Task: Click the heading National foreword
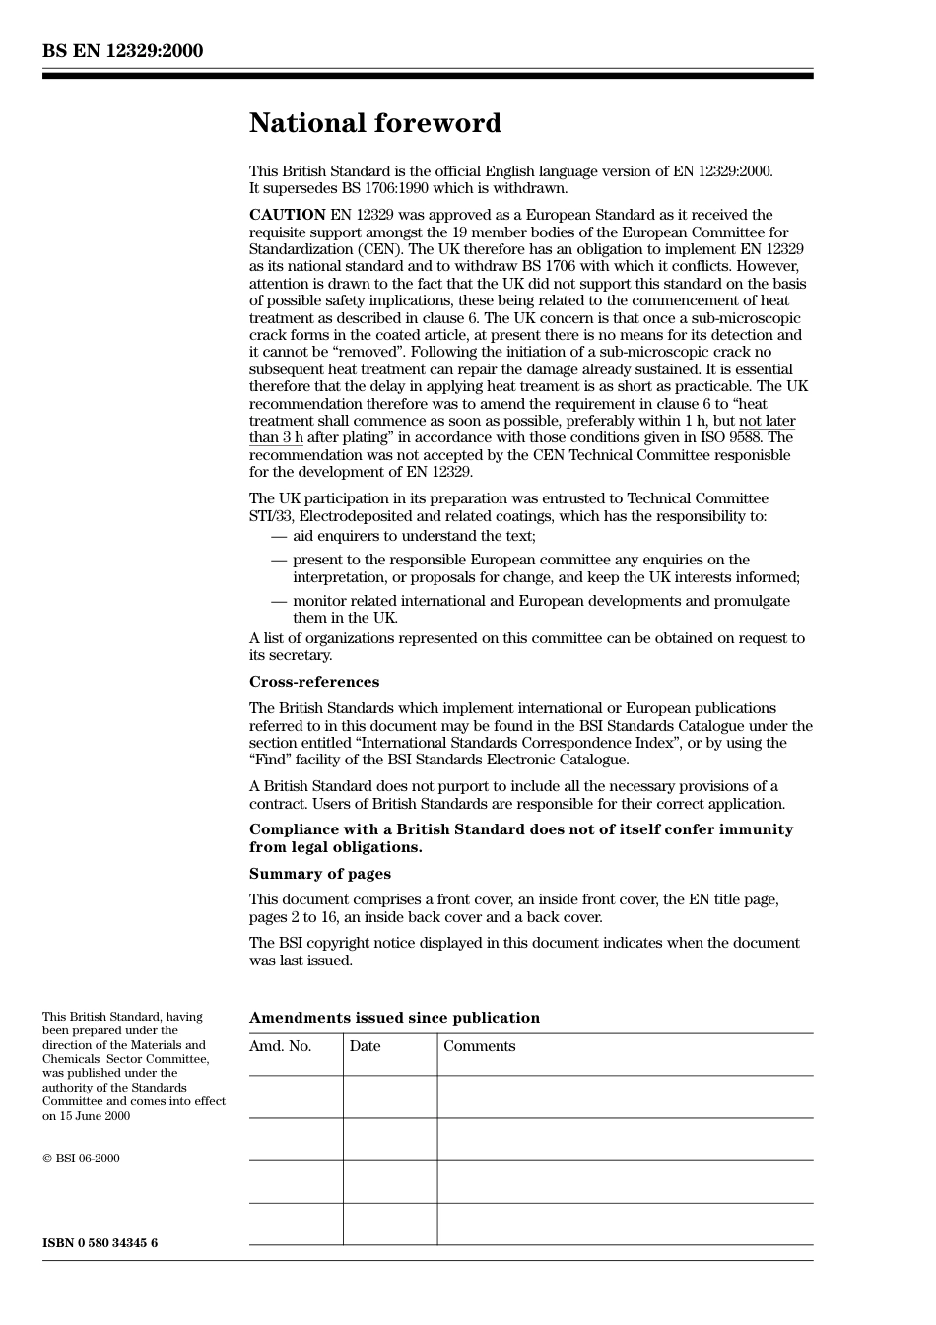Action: click(374, 123)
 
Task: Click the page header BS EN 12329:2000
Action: click(122, 51)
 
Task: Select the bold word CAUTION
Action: click(287, 215)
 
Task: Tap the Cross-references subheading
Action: click(313, 682)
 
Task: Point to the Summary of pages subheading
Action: click(319, 874)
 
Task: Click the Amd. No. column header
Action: click(280, 1046)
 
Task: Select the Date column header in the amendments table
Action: click(365, 1046)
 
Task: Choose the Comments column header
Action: click(479, 1046)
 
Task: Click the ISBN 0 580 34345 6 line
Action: click(100, 1243)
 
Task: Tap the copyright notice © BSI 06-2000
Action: click(81, 1159)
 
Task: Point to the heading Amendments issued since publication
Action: click(394, 1018)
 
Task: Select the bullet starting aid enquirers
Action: click(414, 536)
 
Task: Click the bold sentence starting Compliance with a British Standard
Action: click(520, 838)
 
